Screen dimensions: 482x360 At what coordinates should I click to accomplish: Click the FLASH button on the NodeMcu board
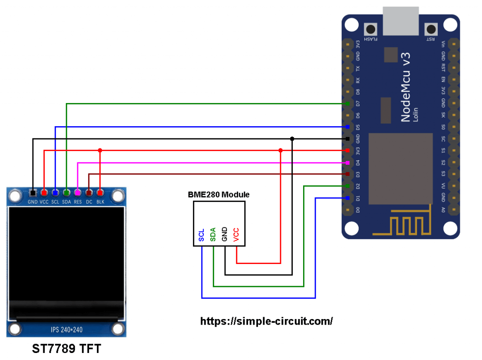click(x=370, y=30)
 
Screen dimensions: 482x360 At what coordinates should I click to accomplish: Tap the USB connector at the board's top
click(x=401, y=21)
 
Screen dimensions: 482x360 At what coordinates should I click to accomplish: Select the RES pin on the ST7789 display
click(x=78, y=193)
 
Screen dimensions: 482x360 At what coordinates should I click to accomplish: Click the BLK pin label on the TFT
click(x=100, y=202)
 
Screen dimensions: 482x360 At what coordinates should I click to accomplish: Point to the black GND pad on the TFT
click(x=32, y=193)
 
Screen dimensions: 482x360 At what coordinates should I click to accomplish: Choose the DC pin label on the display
click(x=89, y=202)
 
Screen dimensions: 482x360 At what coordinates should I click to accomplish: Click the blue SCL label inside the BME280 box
click(x=201, y=235)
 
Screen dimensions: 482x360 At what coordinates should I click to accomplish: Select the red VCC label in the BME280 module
click(x=236, y=234)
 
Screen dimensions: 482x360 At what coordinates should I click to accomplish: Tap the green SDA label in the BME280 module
click(x=213, y=234)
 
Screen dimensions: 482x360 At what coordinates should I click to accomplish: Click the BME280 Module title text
click(x=218, y=195)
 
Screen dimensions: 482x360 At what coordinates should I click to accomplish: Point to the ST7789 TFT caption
click(x=66, y=349)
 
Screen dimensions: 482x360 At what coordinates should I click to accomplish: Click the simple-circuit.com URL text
click(x=266, y=321)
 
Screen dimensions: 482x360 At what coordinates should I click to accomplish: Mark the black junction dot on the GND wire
click(x=292, y=139)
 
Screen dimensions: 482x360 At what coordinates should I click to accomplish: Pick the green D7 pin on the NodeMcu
click(x=347, y=104)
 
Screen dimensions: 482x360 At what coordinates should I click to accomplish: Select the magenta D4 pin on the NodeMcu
click(x=347, y=163)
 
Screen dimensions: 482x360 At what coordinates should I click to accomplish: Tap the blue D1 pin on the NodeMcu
click(x=347, y=198)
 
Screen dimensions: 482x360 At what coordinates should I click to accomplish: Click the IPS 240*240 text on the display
click(x=67, y=330)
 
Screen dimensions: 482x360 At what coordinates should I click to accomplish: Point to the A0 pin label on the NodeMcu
click(x=443, y=210)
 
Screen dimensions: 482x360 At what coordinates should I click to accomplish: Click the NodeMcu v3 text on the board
click(x=405, y=87)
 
